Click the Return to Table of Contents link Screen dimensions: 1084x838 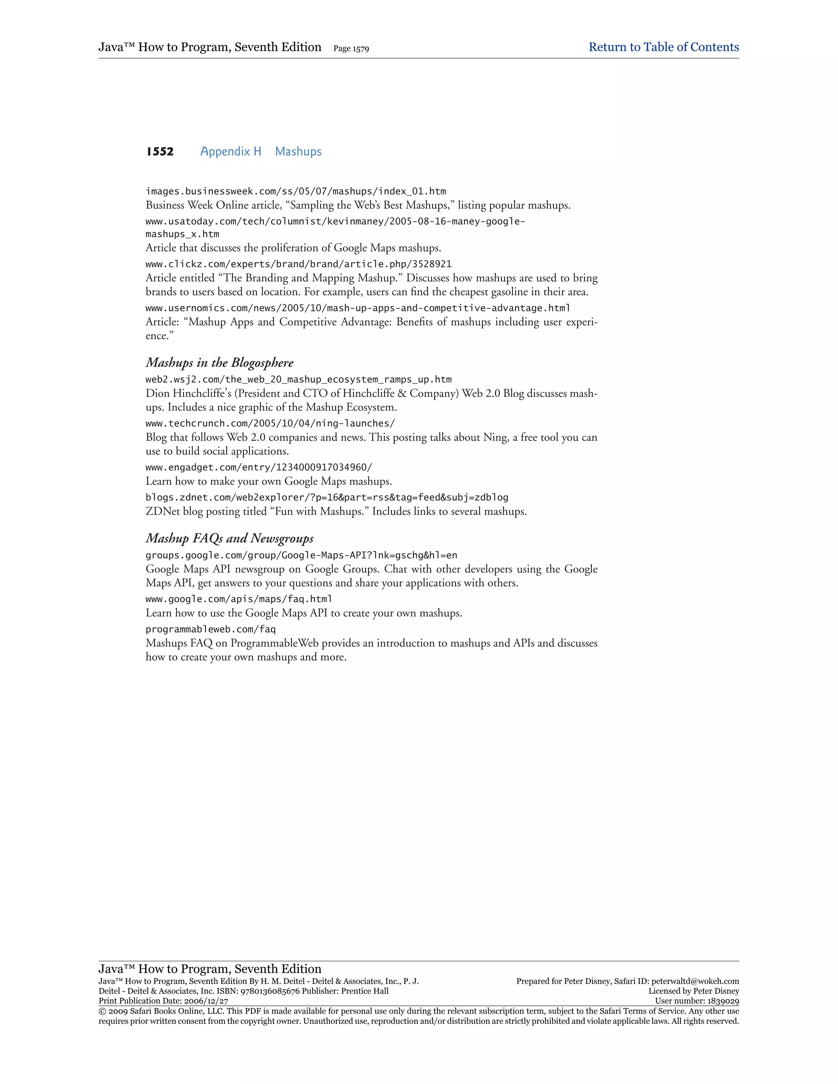tap(663, 47)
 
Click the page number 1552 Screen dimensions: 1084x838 tap(160, 151)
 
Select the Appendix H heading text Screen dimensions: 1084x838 tap(230, 151)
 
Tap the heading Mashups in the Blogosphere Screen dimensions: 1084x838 tap(219, 363)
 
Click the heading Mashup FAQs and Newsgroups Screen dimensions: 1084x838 tap(230, 539)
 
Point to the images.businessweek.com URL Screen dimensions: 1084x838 tap(295, 191)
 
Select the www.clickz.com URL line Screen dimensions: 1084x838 tap(298, 264)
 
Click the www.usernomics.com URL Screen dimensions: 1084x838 tap(358, 308)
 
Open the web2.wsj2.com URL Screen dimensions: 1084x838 tap(298, 380)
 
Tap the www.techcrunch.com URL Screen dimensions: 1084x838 tap(270, 423)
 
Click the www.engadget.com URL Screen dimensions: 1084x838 tap(259, 468)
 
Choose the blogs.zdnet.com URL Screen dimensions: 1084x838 tap(327, 497)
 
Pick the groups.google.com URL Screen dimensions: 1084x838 tap(301, 555)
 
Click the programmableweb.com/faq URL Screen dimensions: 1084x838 tap(210, 630)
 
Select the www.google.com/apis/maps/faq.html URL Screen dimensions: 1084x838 tap(239, 599)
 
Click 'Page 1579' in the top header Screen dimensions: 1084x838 tap(351, 49)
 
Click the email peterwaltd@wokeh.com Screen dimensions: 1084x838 tap(695, 981)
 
